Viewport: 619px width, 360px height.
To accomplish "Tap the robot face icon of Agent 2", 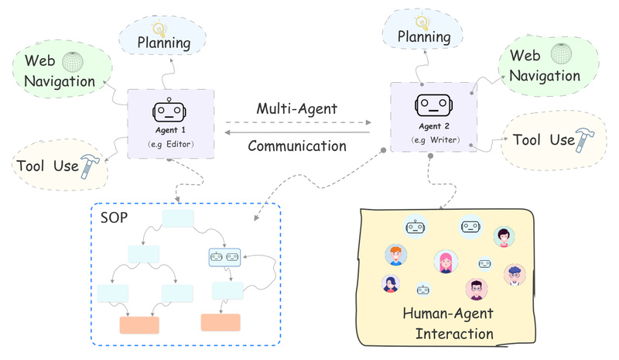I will (x=433, y=103).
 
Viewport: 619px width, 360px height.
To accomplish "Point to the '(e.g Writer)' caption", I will (x=433, y=140).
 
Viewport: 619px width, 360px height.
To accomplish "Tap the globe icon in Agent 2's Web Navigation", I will (x=560, y=53).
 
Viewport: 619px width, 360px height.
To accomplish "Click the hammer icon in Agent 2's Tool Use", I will (x=587, y=139).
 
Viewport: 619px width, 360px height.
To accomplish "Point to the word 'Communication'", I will (x=297, y=145).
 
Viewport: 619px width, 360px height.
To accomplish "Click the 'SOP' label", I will (x=114, y=214).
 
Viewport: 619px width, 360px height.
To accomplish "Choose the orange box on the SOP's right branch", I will (x=221, y=322).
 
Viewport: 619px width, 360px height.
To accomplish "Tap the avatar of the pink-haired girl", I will (x=444, y=262).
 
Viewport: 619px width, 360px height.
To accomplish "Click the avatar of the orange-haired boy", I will (x=395, y=255).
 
